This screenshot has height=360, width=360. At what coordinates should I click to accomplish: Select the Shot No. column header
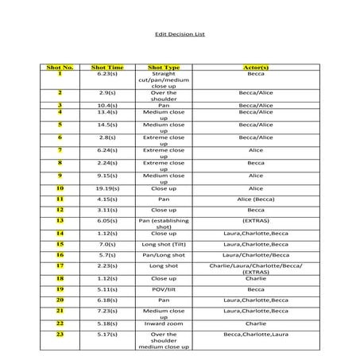tap(60, 68)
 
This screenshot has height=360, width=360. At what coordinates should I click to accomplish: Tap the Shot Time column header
tap(108, 68)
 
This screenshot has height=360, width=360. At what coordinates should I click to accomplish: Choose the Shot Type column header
tap(164, 68)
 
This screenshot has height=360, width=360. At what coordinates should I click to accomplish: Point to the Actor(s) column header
tap(255, 68)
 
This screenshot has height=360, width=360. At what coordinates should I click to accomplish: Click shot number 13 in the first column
tap(60, 220)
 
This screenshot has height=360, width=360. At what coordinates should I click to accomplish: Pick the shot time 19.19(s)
tap(108, 188)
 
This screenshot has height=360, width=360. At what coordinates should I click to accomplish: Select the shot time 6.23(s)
tap(108, 74)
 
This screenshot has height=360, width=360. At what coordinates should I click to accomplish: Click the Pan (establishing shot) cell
tap(164, 223)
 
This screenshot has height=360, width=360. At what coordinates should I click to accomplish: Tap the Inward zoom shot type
tap(164, 323)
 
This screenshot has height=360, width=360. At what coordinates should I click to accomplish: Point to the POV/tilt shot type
tap(164, 289)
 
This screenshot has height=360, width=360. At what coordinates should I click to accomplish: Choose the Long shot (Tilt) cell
tap(164, 244)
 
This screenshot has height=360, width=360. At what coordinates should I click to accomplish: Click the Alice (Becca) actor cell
tap(255, 199)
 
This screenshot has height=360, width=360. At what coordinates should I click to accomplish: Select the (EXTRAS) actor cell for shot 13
tap(255, 220)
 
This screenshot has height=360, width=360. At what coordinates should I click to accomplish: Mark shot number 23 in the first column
tap(60, 335)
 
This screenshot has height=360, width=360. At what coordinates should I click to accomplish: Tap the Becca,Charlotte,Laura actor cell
tap(255, 335)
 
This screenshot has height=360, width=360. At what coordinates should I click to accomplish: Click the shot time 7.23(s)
tap(108, 312)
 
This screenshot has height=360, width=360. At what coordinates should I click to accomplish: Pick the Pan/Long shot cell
tap(164, 255)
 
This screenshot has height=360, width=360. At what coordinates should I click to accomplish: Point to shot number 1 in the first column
tap(60, 74)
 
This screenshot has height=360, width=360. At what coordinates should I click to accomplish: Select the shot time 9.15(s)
tap(108, 176)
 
